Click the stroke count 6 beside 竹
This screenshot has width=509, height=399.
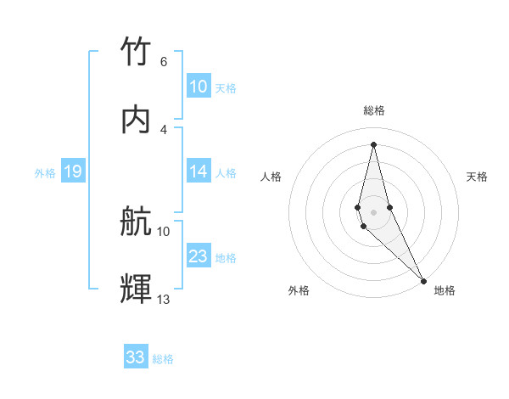(164, 62)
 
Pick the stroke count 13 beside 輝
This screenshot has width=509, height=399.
(164, 299)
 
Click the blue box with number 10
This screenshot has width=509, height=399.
(198, 87)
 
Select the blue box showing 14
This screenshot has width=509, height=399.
(198, 171)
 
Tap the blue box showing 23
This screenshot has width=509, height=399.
(198, 256)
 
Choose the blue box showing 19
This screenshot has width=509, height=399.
(72, 172)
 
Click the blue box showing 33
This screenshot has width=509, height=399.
(135, 357)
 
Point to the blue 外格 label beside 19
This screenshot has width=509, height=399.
(45, 173)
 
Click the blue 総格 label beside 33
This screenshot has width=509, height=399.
(163, 359)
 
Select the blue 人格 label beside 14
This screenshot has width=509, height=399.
(226, 173)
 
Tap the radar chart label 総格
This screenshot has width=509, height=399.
(374, 110)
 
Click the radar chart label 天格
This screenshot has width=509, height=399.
(477, 177)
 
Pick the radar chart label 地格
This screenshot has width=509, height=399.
(445, 290)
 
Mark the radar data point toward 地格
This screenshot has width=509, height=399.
(423, 280)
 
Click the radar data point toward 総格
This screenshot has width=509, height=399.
(373, 143)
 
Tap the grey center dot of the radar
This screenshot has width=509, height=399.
(373, 211)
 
